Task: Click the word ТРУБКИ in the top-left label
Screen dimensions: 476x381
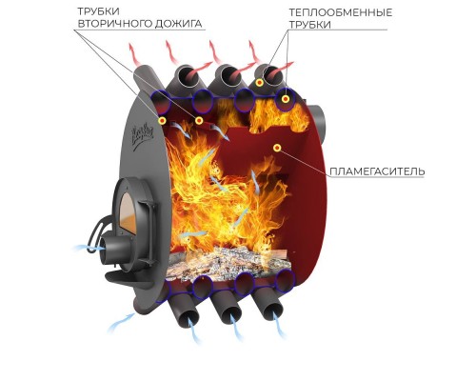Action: (x=94, y=11)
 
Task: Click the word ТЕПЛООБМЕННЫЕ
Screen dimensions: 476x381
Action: (x=341, y=12)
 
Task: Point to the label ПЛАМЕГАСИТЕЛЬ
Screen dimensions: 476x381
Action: (x=377, y=171)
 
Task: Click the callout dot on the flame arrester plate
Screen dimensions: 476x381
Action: (x=277, y=148)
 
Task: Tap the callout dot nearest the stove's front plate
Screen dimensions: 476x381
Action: (x=163, y=120)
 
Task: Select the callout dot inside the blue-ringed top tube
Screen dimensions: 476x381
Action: (x=286, y=99)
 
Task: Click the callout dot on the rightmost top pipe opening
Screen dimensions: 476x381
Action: (x=260, y=83)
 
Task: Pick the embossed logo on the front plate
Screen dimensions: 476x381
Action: (x=143, y=134)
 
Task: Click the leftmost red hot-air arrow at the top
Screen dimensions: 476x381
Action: (x=134, y=54)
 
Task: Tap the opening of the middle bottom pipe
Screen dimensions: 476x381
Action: (x=230, y=314)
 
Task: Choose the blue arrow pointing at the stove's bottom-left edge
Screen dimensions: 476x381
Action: (x=122, y=323)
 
